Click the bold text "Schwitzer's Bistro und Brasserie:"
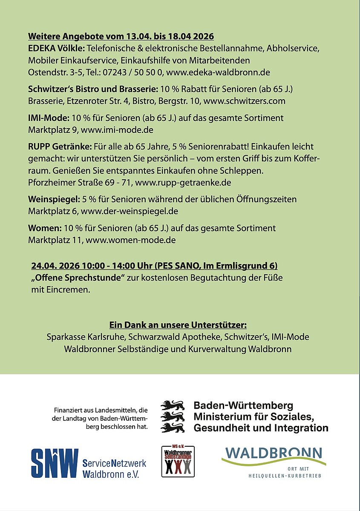pyautogui.click(x=93, y=89)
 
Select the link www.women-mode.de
pyautogui.click(x=131, y=240)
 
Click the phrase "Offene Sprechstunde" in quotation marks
pyautogui.click(x=78, y=278)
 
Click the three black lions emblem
pyautogui.click(x=173, y=416)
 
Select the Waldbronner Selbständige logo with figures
pyautogui.click(x=178, y=461)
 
